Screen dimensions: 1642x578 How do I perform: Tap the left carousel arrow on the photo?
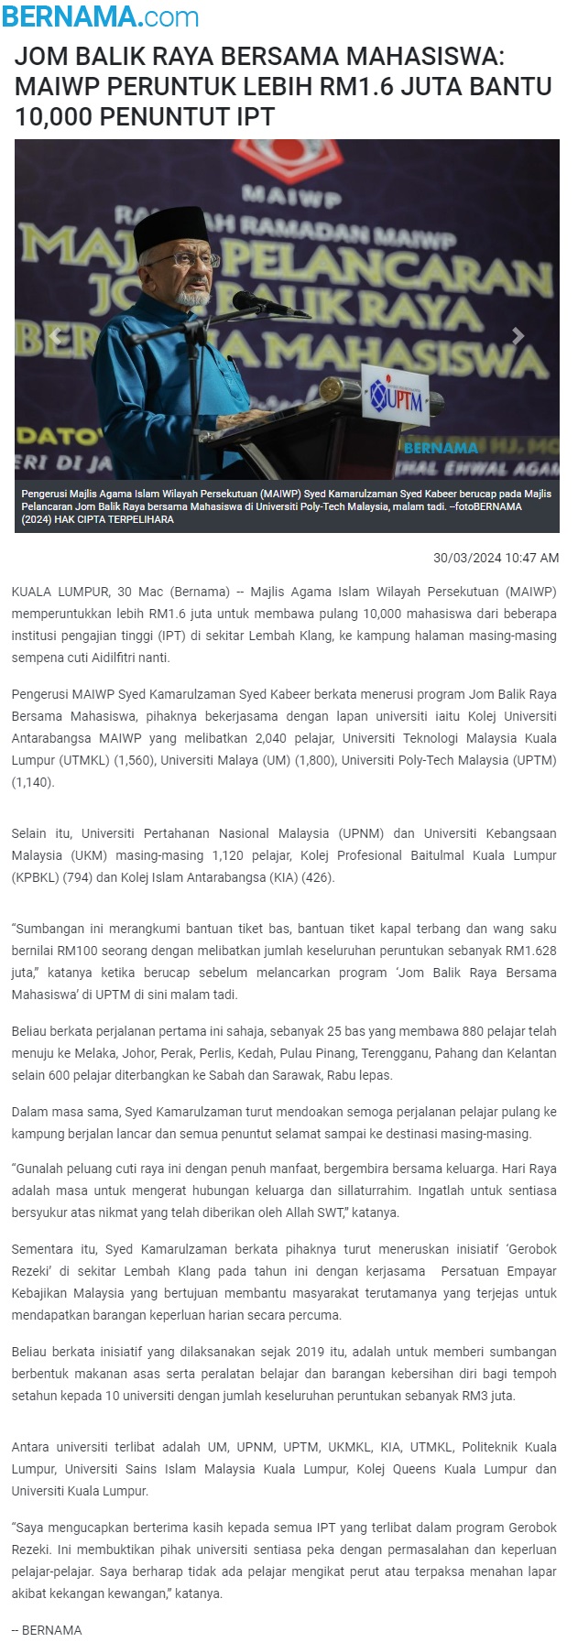pyautogui.click(x=56, y=336)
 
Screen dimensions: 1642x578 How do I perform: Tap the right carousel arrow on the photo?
pyautogui.click(x=518, y=336)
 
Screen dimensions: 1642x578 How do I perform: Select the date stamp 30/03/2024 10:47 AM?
pyautogui.click(x=496, y=558)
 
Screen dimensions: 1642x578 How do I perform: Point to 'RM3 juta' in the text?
pyautogui.click(x=487, y=1396)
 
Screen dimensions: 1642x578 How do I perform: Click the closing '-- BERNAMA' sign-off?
pyautogui.click(x=47, y=1630)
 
